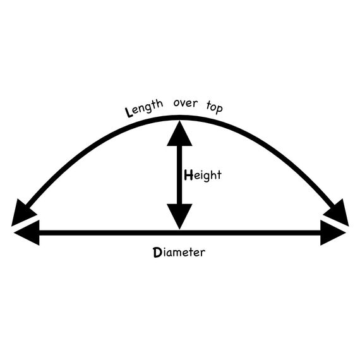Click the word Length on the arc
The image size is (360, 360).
tap(144, 108)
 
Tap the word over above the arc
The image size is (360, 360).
tap(186, 104)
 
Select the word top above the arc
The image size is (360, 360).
tap(215, 107)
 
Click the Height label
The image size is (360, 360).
tap(203, 176)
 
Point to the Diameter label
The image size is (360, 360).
tap(179, 253)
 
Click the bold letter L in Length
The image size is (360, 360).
tap(129, 112)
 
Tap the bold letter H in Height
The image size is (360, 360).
tap(188, 175)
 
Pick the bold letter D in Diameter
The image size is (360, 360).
tap(157, 253)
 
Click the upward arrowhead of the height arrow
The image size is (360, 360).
tap(179, 134)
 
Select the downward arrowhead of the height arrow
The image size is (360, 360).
tap(179, 216)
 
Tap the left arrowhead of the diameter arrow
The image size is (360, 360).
tap(27, 233)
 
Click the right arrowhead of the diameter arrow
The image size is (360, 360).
tap(333, 233)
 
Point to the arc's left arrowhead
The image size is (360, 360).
tap(23, 213)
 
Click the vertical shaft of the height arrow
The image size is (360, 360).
tap(179, 175)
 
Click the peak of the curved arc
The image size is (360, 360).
tap(179, 117)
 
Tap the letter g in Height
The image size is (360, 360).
tap(206, 177)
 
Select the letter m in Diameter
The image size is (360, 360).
tap(177, 253)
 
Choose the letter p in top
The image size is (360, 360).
tap(219, 109)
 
